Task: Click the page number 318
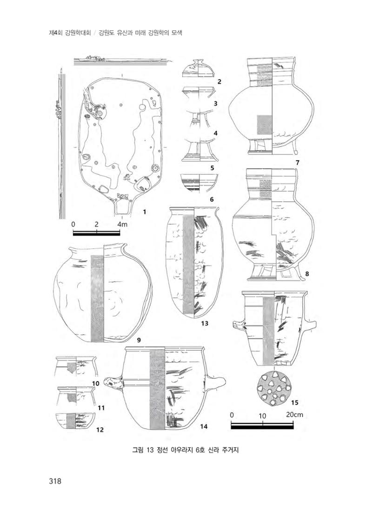tap(55, 481)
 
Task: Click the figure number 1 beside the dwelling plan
tap(144, 212)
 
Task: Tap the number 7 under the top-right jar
tap(297, 163)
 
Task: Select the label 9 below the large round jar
tap(139, 340)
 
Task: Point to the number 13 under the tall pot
tap(204, 323)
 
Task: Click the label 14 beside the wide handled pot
tap(203, 427)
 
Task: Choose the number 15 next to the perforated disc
tap(294, 402)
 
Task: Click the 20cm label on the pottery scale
tap(294, 415)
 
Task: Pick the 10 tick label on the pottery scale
tap(262, 416)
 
